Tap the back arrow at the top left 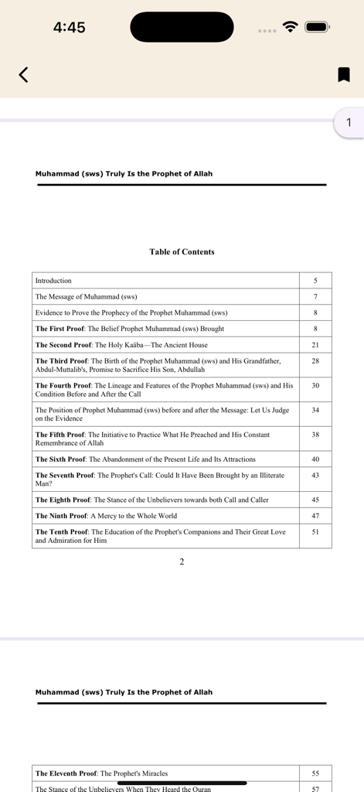[x=23, y=74]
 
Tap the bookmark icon [x=344, y=74]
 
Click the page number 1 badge [x=349, y=122]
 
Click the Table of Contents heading [x=182, y=251]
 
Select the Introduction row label [x=53, y=281]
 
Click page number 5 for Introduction [x=315, y=281]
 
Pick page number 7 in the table [x=315, y=297]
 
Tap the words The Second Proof [x=63, y=345]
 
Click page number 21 [x=315, y=345]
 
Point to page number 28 [x=315, y=361]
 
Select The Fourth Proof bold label [x=63, y=385]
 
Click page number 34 [x=315, y=410]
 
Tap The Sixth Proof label [x=60, y=459]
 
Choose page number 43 [x=315, y=476]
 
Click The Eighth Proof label [x=63, y=500]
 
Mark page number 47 [x=315, y=516]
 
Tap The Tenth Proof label [x=62, y=532]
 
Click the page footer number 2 [x=182, y=562]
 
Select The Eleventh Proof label [x=66, y=773]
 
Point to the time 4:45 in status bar [x=70, y=28]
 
